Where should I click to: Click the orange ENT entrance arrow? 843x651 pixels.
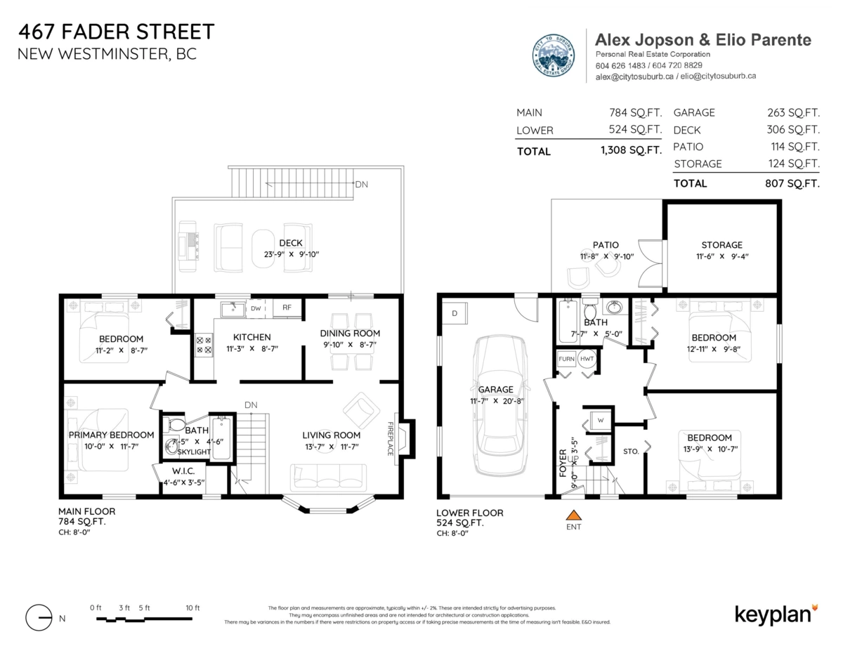coord(574,515)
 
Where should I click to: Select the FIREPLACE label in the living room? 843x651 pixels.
coord(391,439)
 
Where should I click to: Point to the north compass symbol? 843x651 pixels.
coord(39,618)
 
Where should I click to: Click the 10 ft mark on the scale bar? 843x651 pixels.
coord(192,608)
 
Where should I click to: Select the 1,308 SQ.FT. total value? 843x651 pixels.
coord(630,150)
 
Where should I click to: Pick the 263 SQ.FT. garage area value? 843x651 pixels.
coord(793,112)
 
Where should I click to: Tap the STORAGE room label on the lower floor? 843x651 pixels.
coord(721,245)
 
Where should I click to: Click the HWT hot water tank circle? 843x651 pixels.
coord(587,358)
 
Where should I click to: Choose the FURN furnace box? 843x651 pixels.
coord(566,358)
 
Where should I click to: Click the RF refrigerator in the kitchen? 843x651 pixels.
coord(287,308)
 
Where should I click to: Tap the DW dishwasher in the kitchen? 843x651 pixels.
coord(256,308)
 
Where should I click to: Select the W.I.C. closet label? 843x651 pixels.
coord(188,471)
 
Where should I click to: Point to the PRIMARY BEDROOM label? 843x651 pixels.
coord(111,435)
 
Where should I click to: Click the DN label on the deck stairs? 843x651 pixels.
coord(361,185)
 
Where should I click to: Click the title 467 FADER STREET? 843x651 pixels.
coord(116,32)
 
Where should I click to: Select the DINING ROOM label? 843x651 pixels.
coord(350,334)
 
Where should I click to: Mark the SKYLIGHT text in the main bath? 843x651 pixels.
coord(194,452)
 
